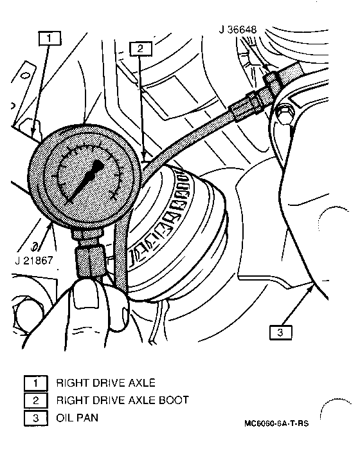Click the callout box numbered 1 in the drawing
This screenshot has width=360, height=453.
tap(50, 38)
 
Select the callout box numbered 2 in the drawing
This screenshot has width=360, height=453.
tap(141, 48)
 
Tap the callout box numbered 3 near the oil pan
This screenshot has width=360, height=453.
tap(281, 332)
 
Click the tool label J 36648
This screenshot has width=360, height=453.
tap(238, 29)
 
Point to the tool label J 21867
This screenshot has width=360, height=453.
tap(34, 261)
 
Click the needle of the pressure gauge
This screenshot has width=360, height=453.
tap(85, 181)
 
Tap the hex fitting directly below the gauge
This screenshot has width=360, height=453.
tap(89, 261)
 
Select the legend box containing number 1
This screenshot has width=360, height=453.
tap(36, 383)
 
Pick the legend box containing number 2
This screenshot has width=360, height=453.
tap(36, 400)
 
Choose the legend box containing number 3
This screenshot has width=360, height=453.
tap(36, 418)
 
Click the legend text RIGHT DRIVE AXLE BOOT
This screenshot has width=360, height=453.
tap(122, 400)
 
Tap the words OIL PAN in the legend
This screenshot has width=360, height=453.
tap(77, 418)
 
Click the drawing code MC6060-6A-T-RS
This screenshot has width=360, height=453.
tap(276, 423)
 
